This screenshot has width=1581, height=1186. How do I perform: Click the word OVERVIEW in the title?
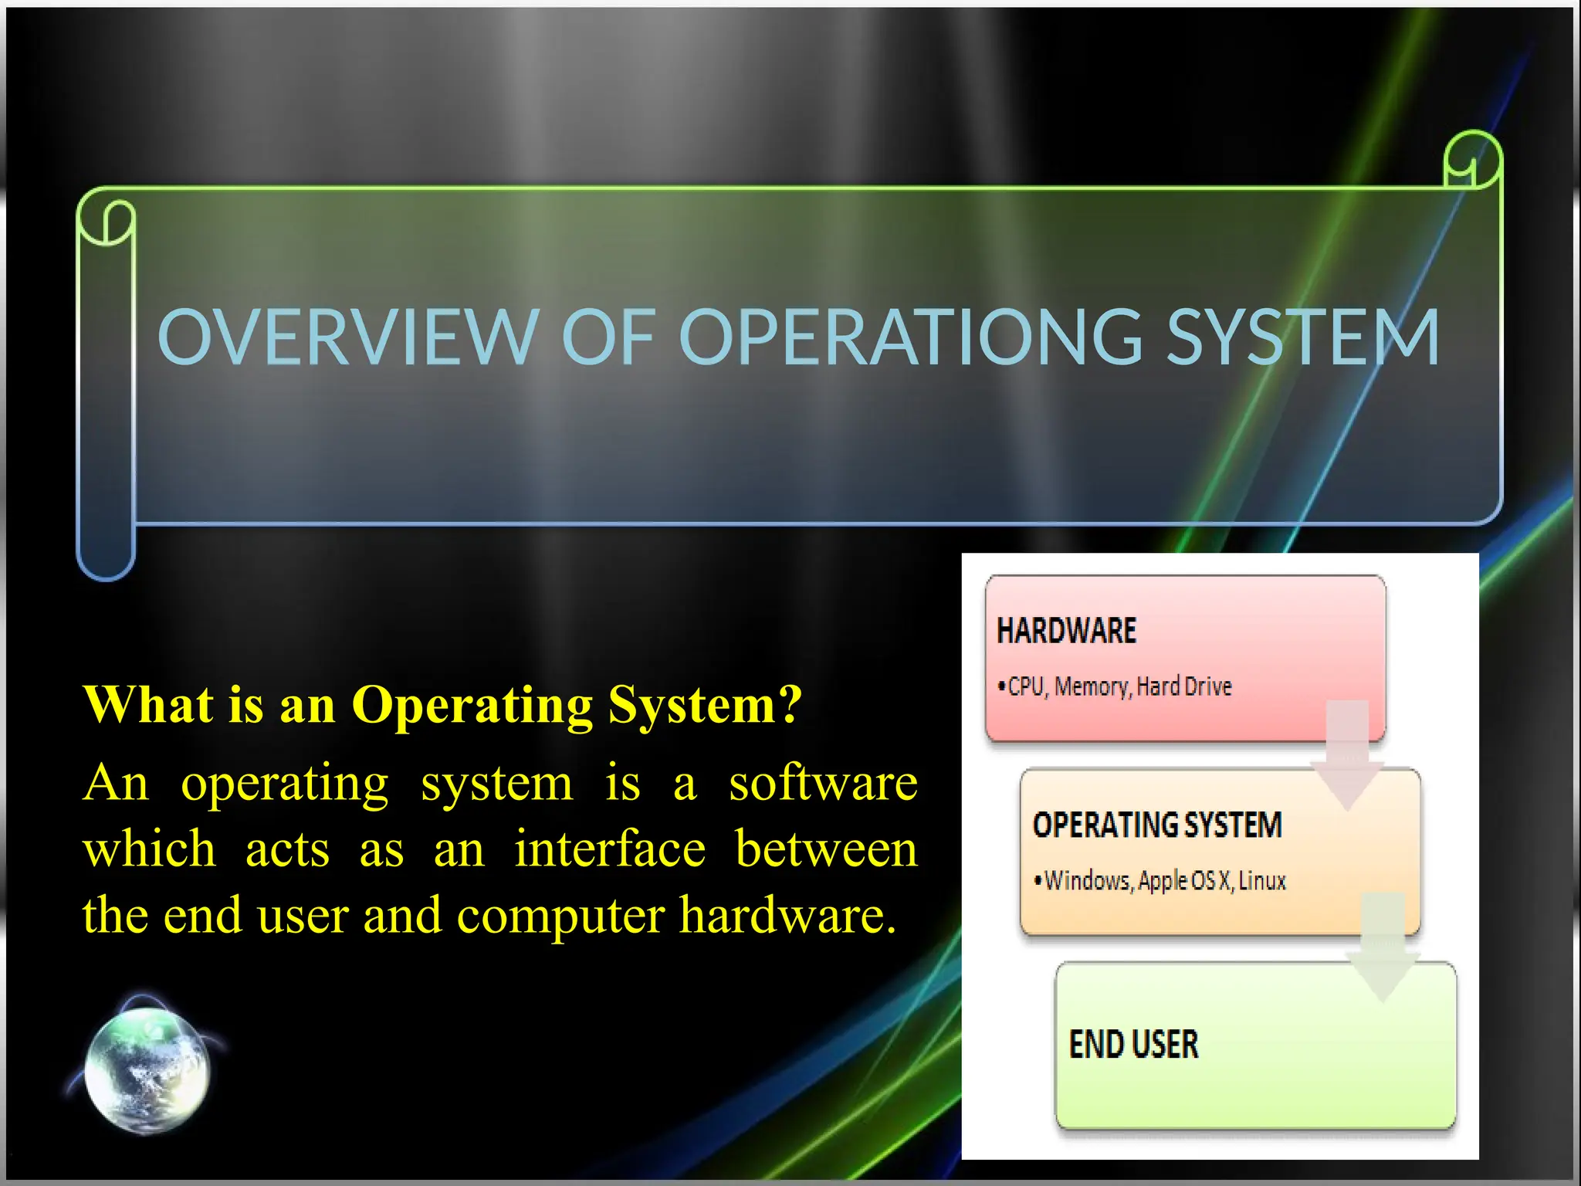tap(347, 337)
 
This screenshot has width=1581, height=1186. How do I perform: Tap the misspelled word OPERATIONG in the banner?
tap(911, 337)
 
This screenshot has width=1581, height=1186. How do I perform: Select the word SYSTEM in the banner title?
tap(1303, 337)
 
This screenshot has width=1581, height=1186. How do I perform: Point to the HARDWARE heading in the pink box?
tap(1067, 631)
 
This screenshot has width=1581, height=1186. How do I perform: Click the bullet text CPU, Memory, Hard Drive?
tap(1119, 686)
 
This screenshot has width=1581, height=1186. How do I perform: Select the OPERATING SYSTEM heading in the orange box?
tap(1157, 825)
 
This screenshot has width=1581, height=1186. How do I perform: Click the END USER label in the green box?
tap(1133, 1045)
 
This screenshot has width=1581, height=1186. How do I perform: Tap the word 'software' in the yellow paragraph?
tap(823, 783)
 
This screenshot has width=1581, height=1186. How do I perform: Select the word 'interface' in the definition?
tap(610, 849)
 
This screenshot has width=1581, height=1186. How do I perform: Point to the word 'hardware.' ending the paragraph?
tap(787, 915)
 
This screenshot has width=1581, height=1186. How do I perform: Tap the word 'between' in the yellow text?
tap(826, 849)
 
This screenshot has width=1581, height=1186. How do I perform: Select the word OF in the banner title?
tap(608, 337)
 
